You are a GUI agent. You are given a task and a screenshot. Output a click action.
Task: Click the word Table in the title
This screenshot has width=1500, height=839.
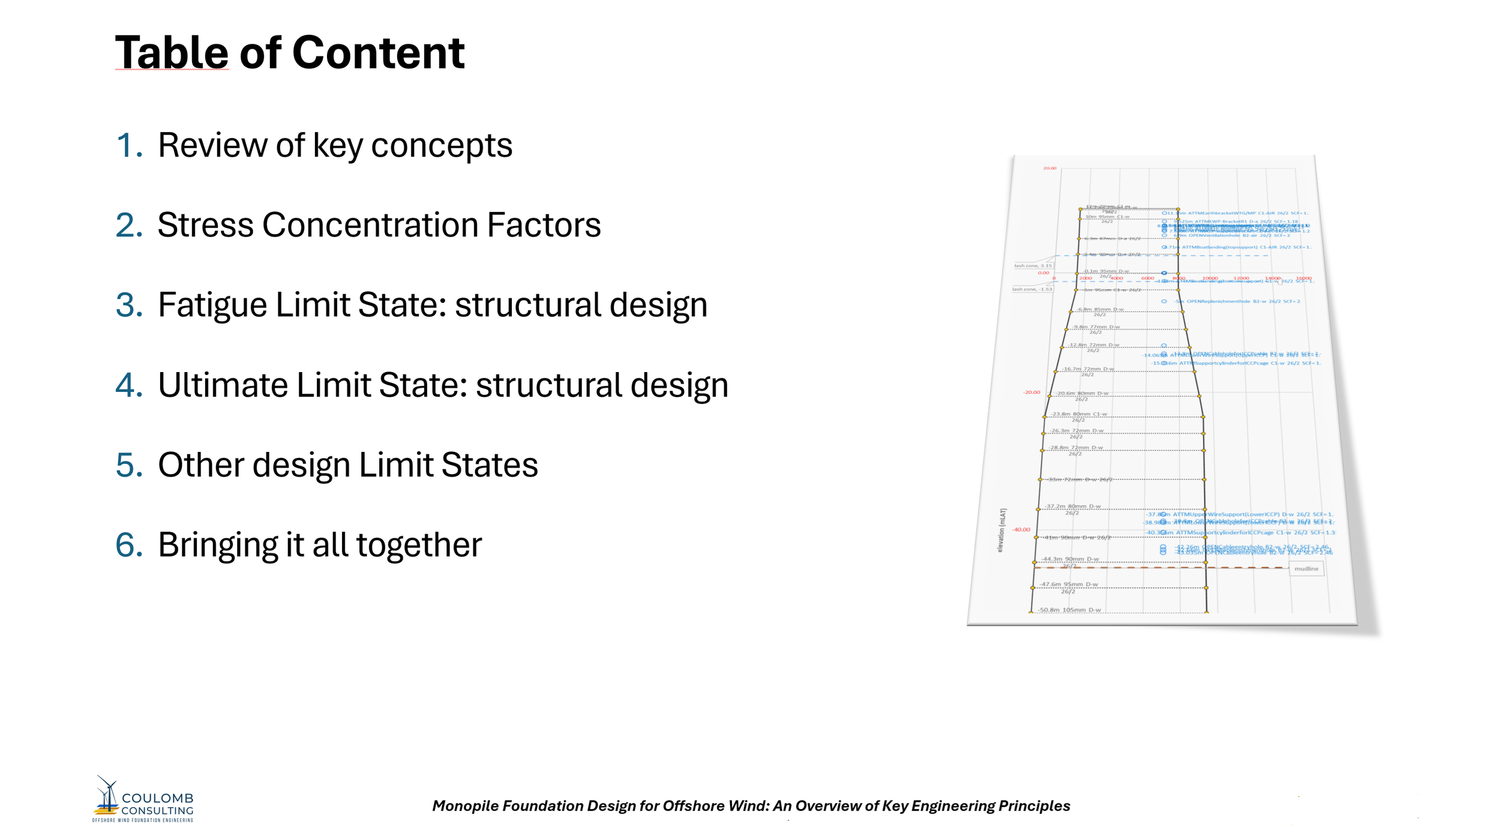click(x=172, y=53)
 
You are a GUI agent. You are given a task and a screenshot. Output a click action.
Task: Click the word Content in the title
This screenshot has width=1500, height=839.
click(x=378, y=53)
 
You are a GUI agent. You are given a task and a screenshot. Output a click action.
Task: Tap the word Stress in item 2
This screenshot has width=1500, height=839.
click(x=205, y=225)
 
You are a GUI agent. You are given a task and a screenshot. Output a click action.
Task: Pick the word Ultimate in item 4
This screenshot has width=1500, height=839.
click(x=223, y=385)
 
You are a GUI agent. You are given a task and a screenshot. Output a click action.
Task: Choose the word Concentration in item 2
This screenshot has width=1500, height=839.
click(x=370, y=225)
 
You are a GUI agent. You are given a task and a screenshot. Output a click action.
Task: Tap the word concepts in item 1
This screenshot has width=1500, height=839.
click(x=442, y=145)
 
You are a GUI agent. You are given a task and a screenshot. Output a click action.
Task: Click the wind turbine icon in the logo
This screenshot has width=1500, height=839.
click(x=107, y=795)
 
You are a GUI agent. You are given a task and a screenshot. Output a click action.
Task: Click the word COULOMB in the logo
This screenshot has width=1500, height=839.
click(x=158, y=798)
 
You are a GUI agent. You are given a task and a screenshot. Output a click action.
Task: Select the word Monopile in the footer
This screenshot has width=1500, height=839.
click(x=464, y=806)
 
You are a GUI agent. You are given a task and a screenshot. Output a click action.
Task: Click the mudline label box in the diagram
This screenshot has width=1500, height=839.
click(x=1306, y=568)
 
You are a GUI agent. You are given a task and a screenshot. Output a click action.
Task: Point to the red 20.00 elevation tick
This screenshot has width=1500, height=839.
click(x=1049, y=168)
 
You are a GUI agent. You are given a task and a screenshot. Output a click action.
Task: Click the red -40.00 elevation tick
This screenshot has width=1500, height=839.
click(x=1021, y=529)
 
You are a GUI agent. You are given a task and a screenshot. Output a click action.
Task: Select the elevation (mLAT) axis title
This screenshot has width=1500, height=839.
click(x=1001, y=530)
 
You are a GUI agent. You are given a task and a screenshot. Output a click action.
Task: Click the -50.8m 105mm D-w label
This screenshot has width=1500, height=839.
click(x=1070, y=610)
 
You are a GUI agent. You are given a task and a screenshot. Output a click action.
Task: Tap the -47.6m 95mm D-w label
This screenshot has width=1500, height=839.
click(x=1069, y=584)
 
